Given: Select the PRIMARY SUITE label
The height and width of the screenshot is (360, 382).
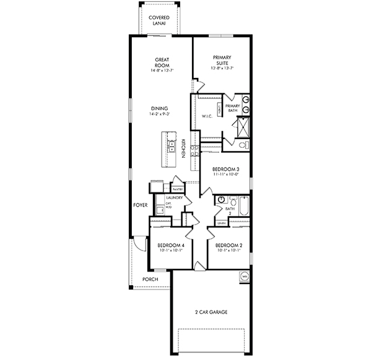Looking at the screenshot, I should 222,60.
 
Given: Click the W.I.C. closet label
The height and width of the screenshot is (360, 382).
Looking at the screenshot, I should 207,116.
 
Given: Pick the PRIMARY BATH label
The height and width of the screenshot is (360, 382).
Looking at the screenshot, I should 232,108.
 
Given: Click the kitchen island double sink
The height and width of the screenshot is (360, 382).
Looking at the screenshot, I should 170,147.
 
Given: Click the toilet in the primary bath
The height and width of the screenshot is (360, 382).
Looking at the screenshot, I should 243,144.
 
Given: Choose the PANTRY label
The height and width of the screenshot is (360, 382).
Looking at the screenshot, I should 177,189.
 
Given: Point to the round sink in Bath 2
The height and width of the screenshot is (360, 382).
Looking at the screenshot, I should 220,200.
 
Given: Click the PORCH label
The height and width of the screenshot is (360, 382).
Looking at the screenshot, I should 150,279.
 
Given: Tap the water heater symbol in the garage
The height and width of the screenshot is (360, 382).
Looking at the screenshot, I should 245,276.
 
